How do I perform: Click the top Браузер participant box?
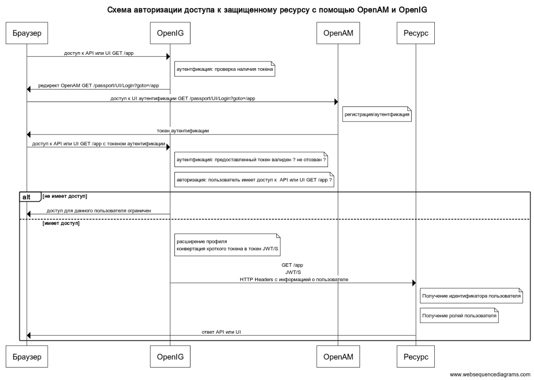(27, 33)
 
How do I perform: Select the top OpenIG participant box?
(170, 33)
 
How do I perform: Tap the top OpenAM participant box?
(338, 33)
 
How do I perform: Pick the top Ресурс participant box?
(416, 33)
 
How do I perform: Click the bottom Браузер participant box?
(27, 357)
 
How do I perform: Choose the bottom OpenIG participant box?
(170, 357)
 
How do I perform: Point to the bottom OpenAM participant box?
(338, 357)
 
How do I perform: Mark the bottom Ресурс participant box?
(416, 357)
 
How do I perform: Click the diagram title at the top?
(267, 9)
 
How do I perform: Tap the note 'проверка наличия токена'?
(224, 69)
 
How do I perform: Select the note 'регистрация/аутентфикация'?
(376, 114)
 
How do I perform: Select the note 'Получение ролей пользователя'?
(459, 315)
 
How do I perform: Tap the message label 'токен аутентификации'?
(183, 131)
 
